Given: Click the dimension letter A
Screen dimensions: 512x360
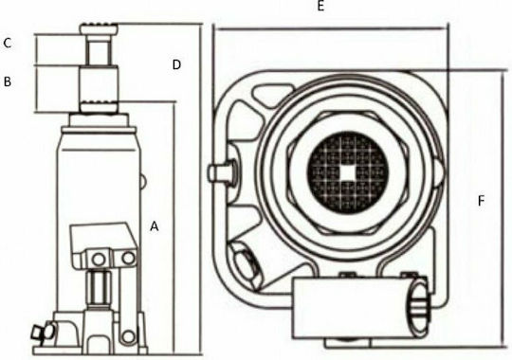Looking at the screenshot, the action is pyautogui.click(x=155, y=226).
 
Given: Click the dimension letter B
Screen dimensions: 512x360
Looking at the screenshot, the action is pyautogui.click(x=8, y=81).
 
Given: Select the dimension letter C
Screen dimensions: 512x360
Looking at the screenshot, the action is pyautogui.click(x=8, y=43).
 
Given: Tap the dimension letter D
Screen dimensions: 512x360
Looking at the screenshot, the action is pyautogui.click(x=176, y=65).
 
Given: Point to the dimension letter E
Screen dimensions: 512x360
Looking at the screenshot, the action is pyautogui.click(x=320, y=6).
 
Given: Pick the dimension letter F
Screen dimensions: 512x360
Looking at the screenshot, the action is pyautogui.click(x=481, y=201).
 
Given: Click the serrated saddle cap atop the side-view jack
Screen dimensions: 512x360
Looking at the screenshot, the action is pyautogui.click(x=99, y=28).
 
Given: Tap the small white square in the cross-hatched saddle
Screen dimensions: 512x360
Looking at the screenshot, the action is pyautogui.click(x=347, y=172).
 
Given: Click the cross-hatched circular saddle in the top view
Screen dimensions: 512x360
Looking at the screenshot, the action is pyautogui.click(x=347, y=172).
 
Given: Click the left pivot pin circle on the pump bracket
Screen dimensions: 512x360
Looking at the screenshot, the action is pyautogui.click(x=99, y=260).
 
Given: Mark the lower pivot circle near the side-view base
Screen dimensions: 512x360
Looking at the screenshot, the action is pyautogui.click(x=128, y=336).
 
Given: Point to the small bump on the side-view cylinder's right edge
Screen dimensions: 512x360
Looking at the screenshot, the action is pyautogui.click(x=143, y=181).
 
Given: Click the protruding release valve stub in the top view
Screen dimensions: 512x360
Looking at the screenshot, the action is pyautogui.click(x=221, y=172).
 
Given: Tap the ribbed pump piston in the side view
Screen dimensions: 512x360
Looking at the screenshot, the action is pyautogui.click(x=99, y=287).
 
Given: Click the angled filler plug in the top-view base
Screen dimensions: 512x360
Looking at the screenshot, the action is pyautogui.click(x=246, y=266).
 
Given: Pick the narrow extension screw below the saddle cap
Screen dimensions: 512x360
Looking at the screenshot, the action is pyautogui.click(x=99, y=49).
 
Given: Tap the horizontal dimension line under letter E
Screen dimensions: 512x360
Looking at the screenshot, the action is pyautogui.click(x=331, y=28).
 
